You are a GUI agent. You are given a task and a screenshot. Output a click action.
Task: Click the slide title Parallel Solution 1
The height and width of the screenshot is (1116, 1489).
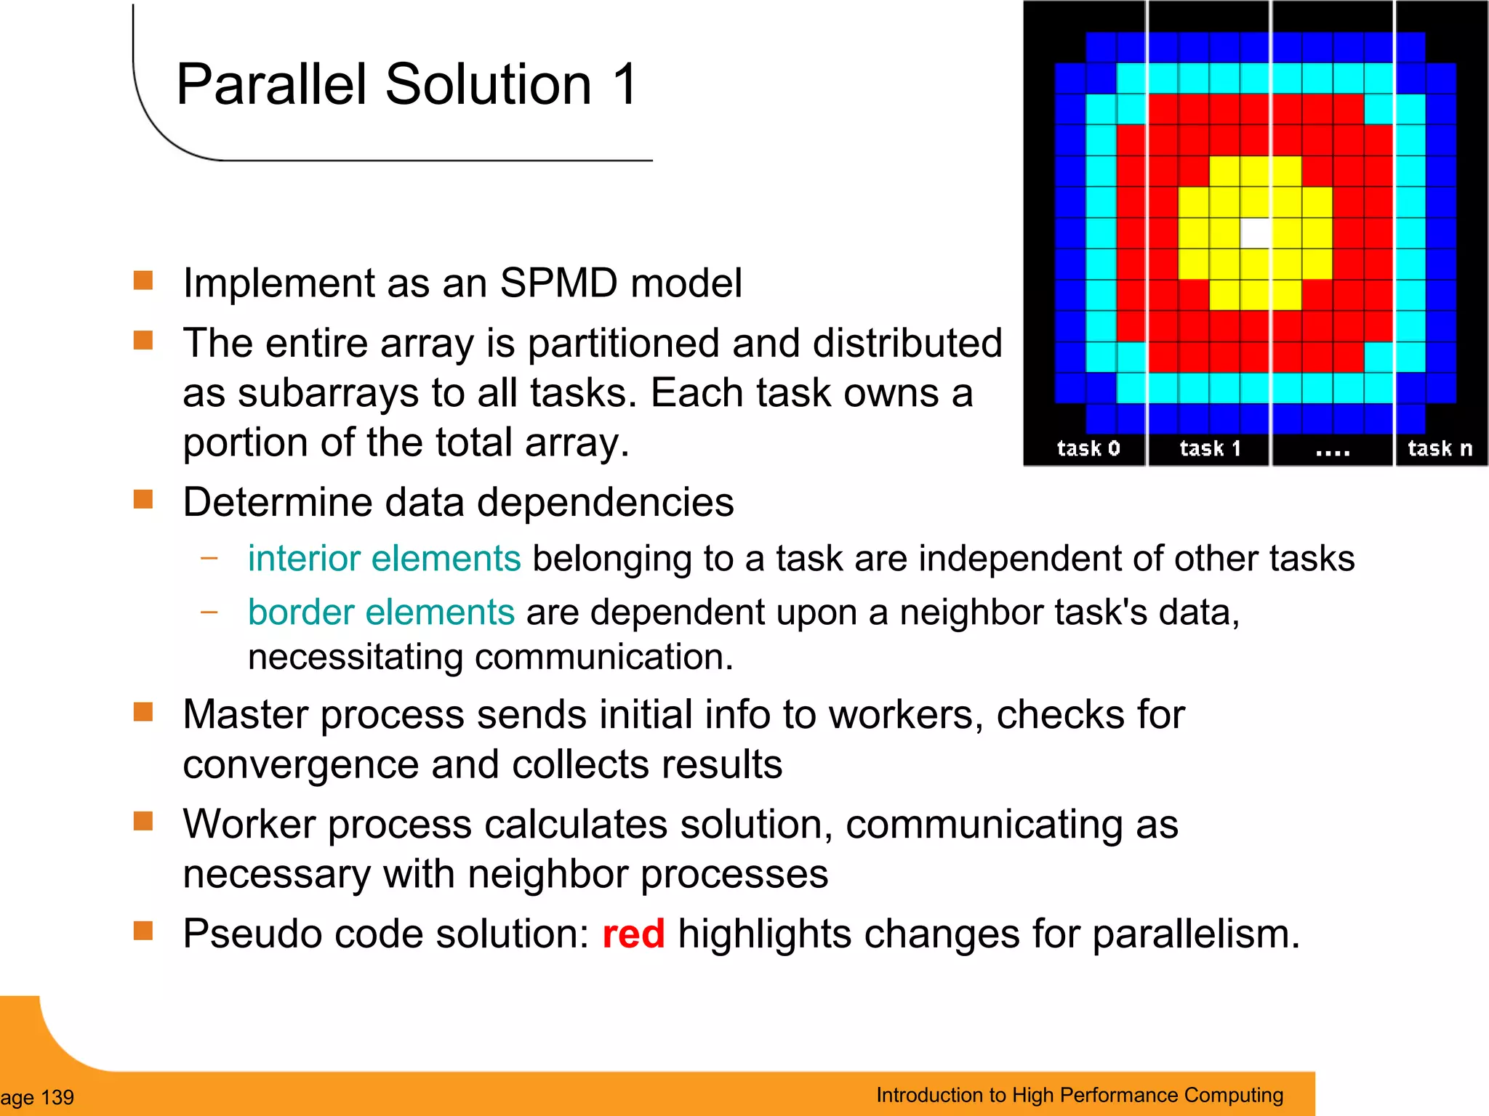(x=407, y=85)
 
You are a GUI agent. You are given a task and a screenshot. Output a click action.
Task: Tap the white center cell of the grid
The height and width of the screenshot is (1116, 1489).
(x=1255, y=233)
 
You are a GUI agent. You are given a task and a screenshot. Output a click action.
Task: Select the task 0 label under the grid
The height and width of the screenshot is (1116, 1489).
(x=1088, y=448)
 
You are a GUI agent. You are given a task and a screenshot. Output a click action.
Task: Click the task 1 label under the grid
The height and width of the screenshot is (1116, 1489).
(x=1210, y=448)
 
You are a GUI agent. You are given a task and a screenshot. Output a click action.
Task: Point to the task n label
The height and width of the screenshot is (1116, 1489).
(x=1440, y=448)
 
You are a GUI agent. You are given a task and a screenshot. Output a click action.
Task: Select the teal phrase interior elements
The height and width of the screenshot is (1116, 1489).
(x=384, y=558)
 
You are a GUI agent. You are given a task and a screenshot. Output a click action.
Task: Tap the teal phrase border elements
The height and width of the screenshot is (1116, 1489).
(x=381, y=612)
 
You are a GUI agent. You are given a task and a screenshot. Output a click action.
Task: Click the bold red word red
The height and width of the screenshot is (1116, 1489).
(x=633, y=934)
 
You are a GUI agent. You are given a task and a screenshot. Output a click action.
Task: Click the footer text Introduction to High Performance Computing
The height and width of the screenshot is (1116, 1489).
(x=1079, y=1095)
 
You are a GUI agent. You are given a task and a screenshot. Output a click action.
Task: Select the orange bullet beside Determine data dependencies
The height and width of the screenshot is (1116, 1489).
(x=143, y=499)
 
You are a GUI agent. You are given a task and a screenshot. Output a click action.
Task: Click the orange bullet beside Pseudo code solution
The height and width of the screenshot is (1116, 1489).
(x=143, y=931)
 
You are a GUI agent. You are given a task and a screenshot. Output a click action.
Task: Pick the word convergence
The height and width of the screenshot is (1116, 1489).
(x=300, y=765)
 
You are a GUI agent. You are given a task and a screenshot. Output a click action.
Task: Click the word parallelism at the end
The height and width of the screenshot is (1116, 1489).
(x=1195, y=934)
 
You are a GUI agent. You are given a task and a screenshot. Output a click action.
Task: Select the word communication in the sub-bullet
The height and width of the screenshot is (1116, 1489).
(x=603, y=657)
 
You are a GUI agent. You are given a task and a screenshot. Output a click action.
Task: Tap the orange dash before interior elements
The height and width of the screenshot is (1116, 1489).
(x=209, y=558)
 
